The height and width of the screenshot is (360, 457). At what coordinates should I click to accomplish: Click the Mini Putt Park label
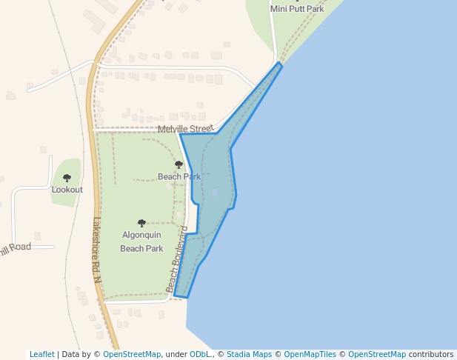297,9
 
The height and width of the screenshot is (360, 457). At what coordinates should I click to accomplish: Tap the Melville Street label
185,129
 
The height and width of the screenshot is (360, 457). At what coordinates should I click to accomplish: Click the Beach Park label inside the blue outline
179,176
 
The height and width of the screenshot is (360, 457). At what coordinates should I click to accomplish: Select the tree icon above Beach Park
179,164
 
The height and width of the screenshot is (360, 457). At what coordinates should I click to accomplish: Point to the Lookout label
67,190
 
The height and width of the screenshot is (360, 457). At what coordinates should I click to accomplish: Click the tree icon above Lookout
67,178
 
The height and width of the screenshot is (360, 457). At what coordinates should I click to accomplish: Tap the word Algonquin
141,235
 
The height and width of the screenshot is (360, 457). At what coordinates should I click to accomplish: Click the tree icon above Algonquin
141,222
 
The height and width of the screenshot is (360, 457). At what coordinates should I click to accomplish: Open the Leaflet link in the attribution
41,354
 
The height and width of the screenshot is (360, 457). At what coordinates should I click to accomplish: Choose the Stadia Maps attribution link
249,354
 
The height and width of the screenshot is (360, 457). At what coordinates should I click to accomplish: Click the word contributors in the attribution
431,354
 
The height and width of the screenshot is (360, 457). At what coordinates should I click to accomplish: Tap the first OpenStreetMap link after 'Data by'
132,354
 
